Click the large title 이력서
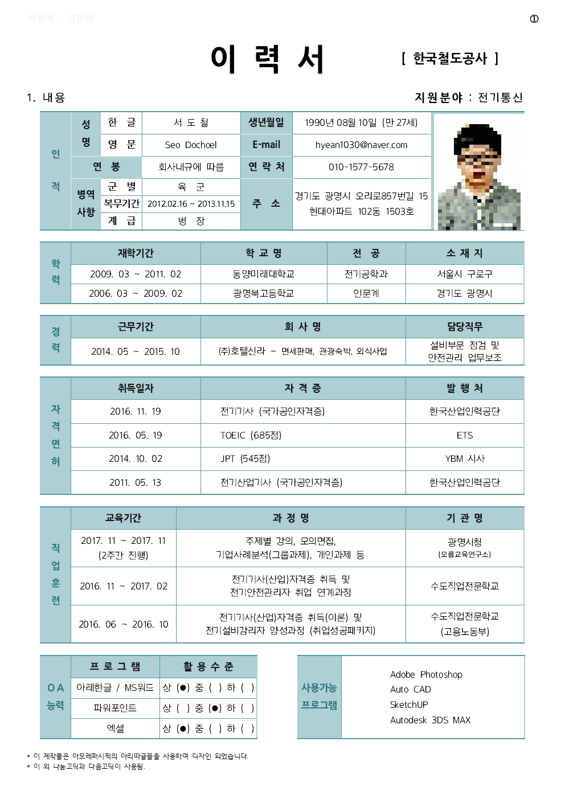[x=267, y=59]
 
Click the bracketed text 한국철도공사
[x=450, y=58]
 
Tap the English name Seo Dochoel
[x=191, y=145]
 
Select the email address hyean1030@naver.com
[x=361, y=145]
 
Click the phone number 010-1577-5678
[x=361, y=167]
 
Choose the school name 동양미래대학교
[x=263, y=274]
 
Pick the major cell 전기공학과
[x=366, y=274]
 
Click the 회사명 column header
[x=302, y=326]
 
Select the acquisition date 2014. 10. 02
[x=136, y=458]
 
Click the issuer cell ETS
[x=464, y=435]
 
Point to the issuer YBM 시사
[x=464, y=458]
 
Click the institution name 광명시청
[x=464, y=542]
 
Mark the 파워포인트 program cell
[x=115, y=708]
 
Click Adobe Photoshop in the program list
[x=426, y=674]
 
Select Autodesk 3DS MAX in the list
[x=430, y=720]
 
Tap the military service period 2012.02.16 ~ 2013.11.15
[x=191, y=204]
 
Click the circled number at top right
[x=534, y=19]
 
